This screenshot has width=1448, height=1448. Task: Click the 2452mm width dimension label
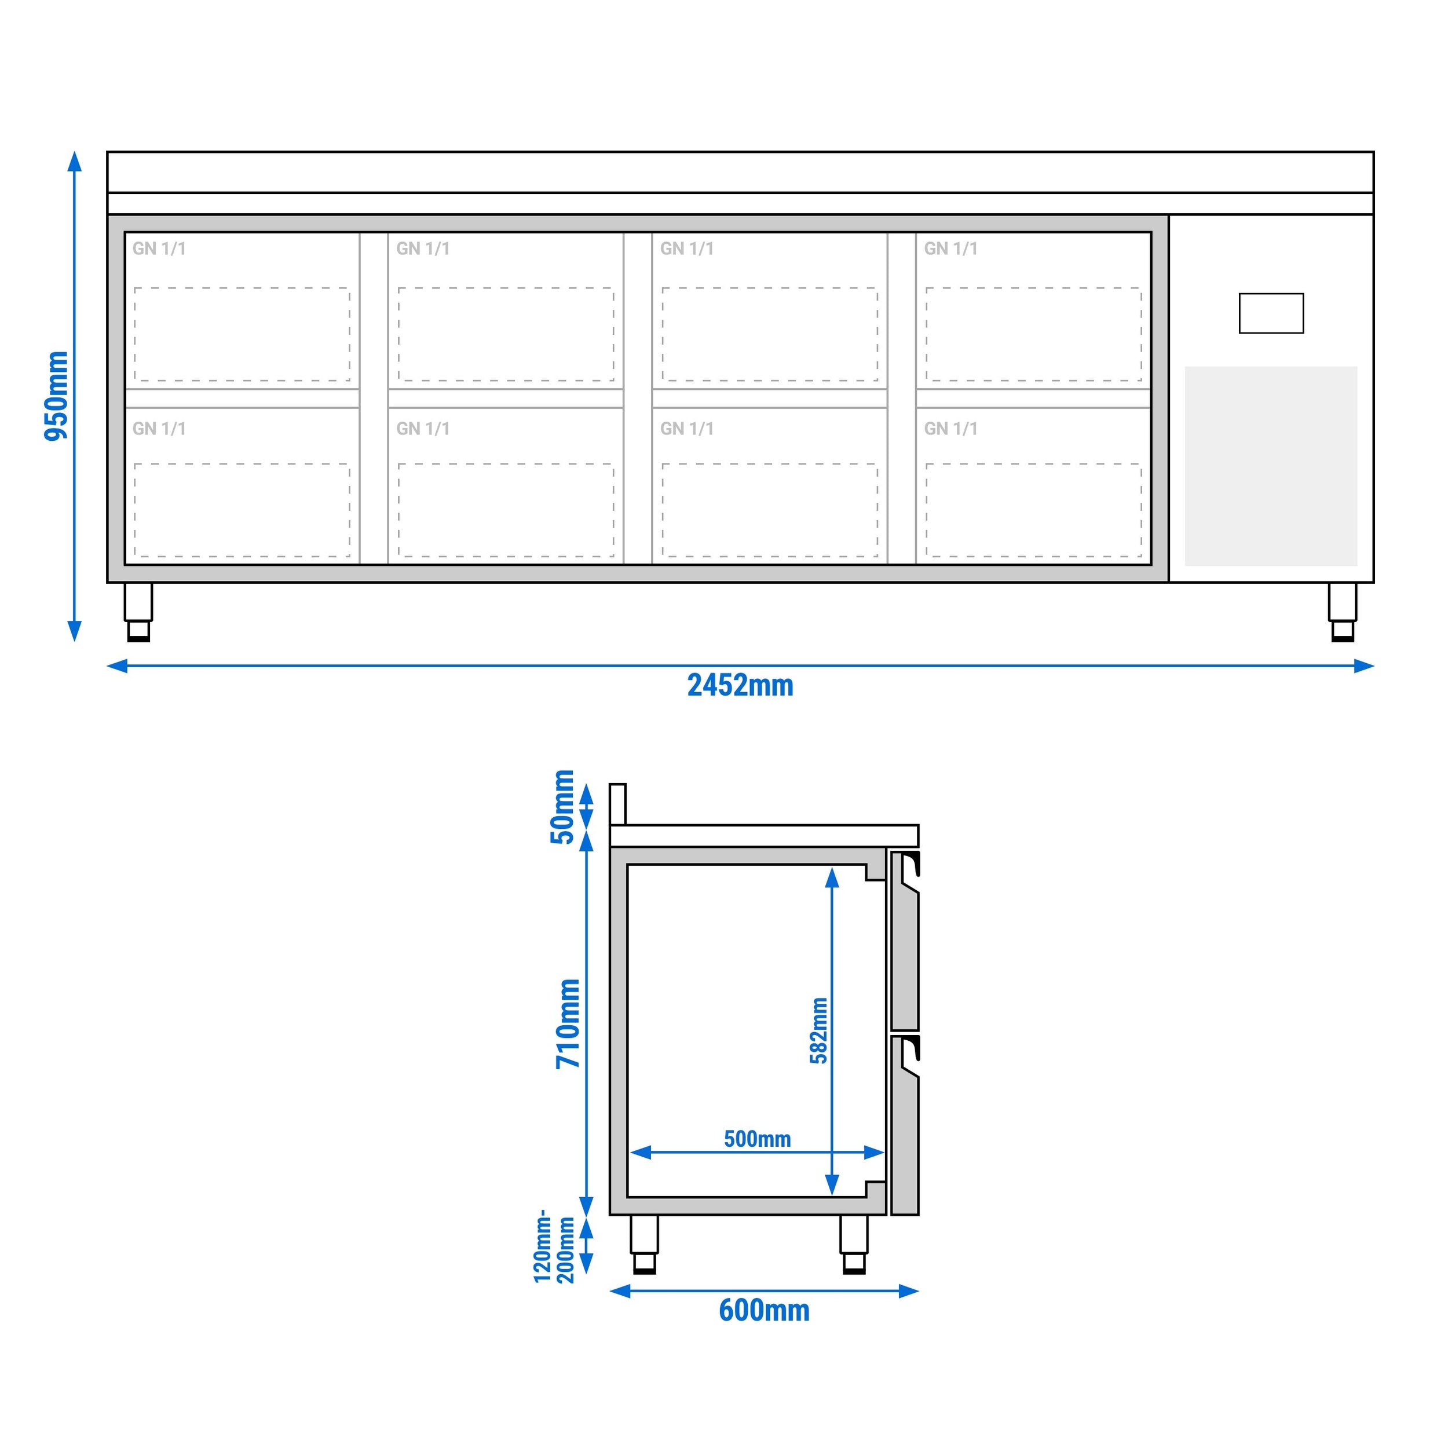click(740, 686)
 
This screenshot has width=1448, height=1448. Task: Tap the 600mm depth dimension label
click(764, 1311)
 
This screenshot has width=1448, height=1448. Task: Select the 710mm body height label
click(568, 1024)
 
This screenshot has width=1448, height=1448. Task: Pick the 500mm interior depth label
click(757, 1139)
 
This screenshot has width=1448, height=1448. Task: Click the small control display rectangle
click(1271, 313)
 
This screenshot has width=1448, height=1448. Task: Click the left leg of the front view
click(138, 612)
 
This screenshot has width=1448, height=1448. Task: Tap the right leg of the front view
click(1343, 612)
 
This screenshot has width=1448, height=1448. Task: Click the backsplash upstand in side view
click(617, 804)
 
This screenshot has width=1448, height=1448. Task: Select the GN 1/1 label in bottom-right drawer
click(950, 429)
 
